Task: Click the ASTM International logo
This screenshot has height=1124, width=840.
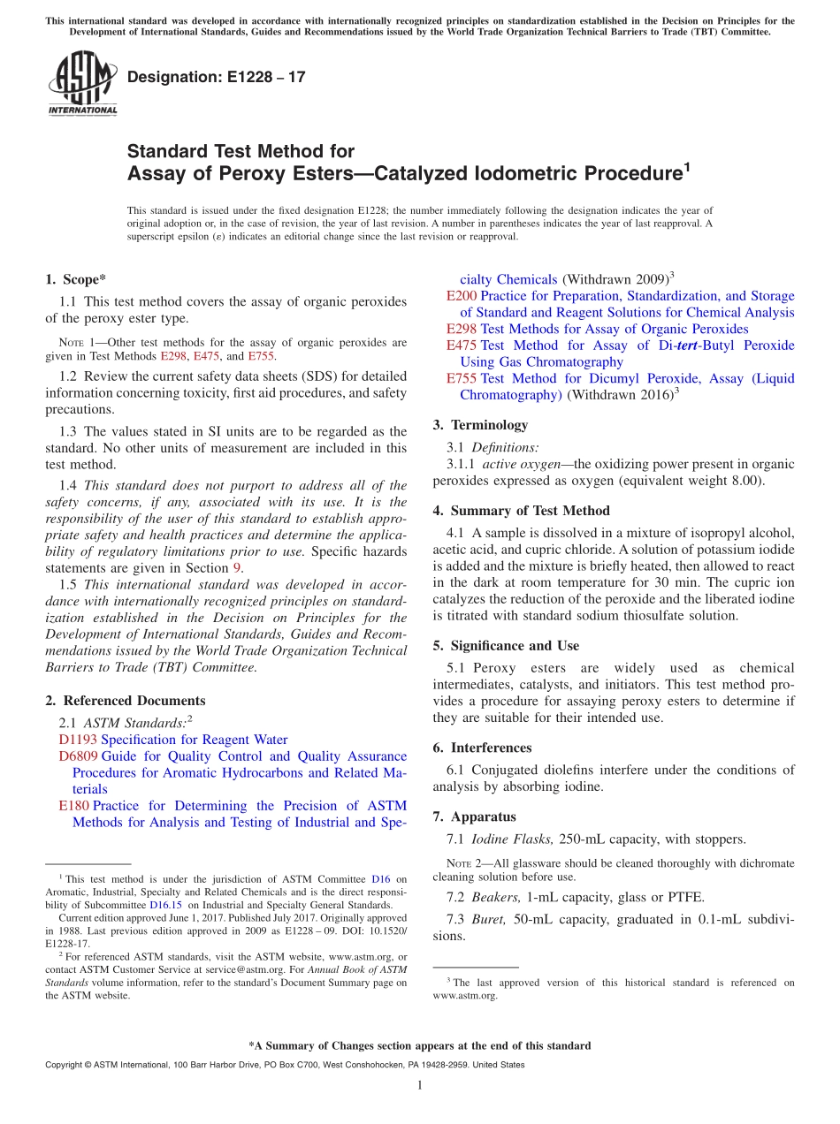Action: pos(82,85)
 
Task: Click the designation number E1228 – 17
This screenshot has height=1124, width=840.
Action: pos(217,78)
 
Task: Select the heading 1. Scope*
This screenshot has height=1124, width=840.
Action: pos(76,280)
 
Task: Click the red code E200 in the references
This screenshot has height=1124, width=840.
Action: pos(462,296)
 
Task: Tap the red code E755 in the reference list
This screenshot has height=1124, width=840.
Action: pos(462,378)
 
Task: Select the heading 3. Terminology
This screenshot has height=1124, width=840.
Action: pos(480,425)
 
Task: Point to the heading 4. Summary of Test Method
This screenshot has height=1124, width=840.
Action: pos(521,511)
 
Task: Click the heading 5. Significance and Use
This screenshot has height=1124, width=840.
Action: pos(506,646)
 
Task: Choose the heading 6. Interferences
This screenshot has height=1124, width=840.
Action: pos(482,748)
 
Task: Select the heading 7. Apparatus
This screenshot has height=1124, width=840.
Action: pos(474,816)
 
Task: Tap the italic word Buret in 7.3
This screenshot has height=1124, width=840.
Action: pos(489,919)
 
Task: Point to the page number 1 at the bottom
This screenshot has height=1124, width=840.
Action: pos(419,1085)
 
